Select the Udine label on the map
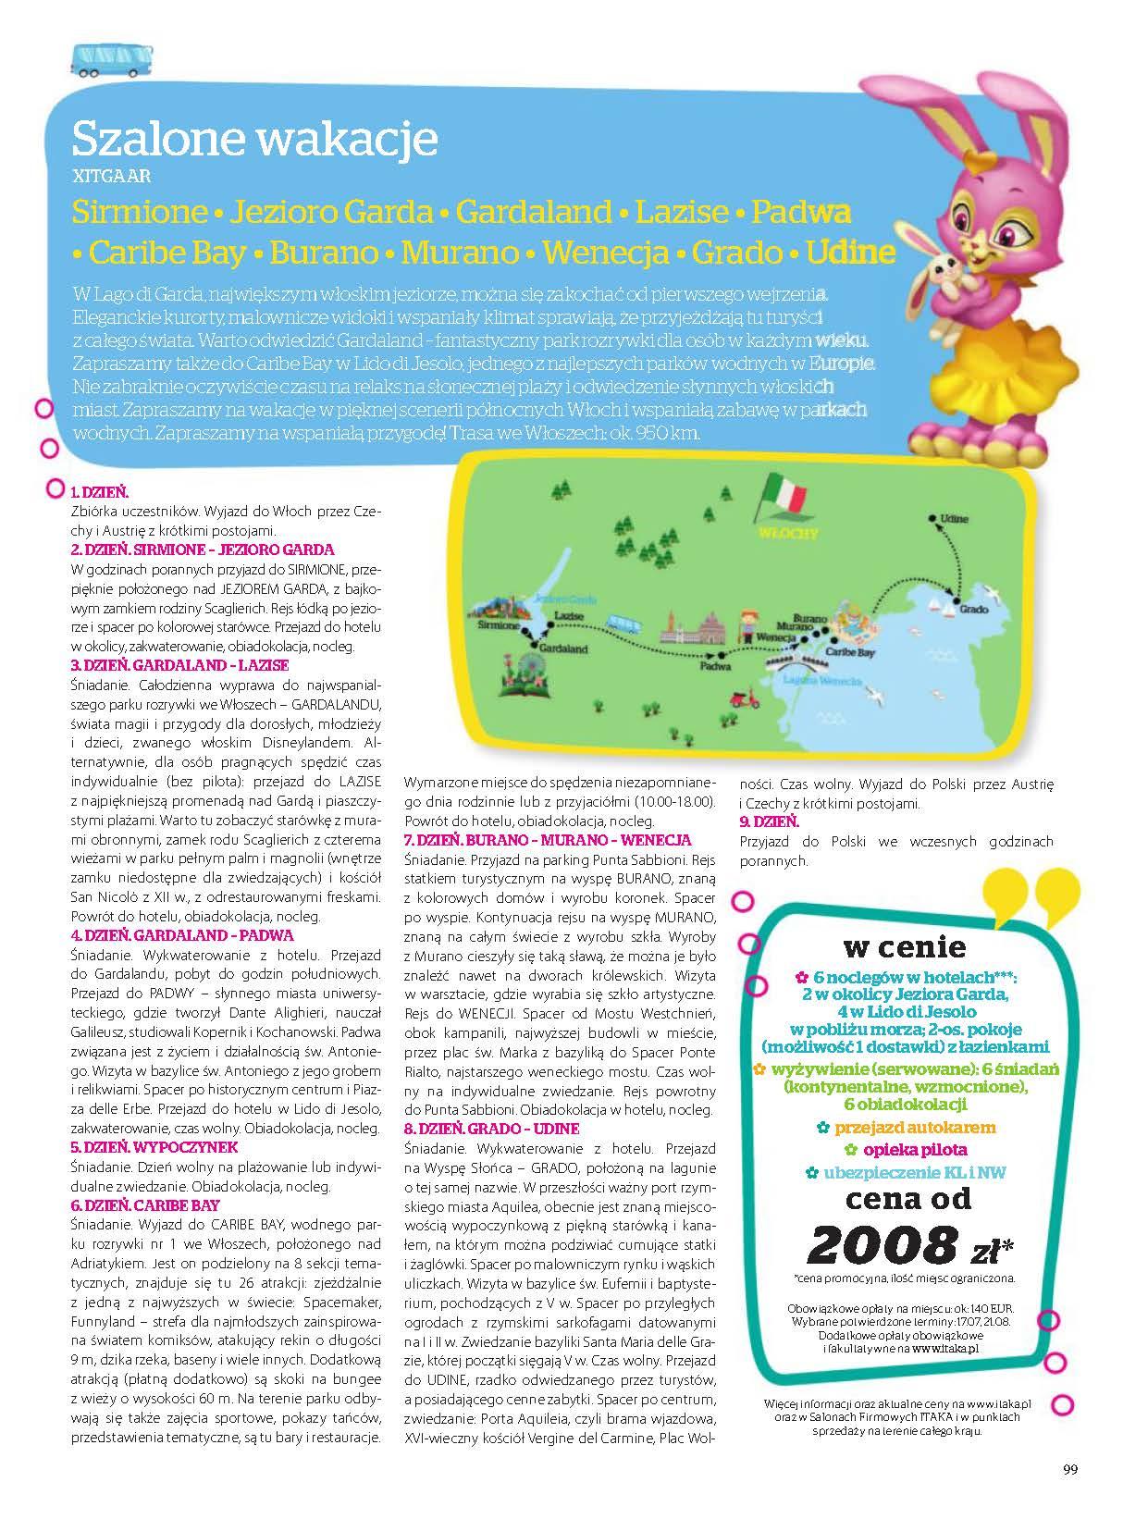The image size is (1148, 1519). point(953,518)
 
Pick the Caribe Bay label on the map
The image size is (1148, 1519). point(850,652)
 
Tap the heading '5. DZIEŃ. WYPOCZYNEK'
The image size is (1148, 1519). point(154,1147)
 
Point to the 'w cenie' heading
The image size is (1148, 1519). point(904,946)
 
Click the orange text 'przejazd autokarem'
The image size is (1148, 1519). point(914,1128)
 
